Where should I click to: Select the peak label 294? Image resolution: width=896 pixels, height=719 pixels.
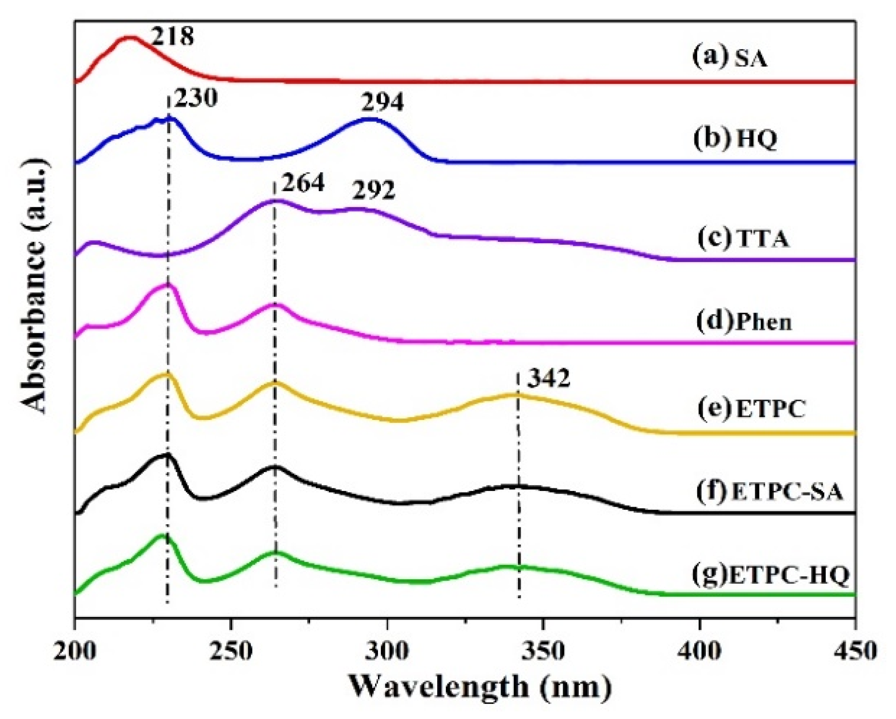click(x=382, y=102)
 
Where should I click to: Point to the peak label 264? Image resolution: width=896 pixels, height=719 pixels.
click(x=302, y=183)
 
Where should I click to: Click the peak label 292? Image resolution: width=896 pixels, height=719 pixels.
click(x=373, y=191)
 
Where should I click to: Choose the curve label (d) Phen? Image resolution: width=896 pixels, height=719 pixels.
click(x=744, y=323)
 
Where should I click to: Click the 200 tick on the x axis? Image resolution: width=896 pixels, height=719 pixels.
click(x=75, y=651)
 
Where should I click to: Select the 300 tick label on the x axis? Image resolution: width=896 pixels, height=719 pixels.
click(x=387, y=651)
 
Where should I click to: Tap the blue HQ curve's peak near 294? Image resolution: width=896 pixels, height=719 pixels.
click(x=370, y=119)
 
